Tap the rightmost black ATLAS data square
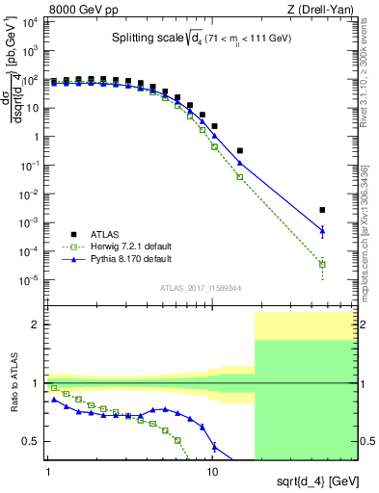point(322,210)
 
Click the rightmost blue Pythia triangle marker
point(322,230)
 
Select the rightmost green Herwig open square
point(322,264)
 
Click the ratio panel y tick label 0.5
point(33,442)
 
